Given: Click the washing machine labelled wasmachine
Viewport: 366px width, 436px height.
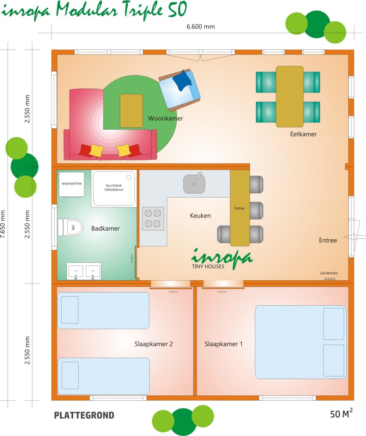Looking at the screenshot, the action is pyautogui.click(x=71, y=184).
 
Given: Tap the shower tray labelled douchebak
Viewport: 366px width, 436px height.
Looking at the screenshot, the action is pyautogui.click(x=114, y=188).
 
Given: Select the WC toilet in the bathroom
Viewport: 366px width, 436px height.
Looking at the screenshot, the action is pyautogui.click(x=71, y=227).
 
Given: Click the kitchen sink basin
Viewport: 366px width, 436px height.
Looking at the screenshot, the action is pyautogui.click(x=194, y=184).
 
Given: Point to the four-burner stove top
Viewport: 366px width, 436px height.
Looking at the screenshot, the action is pyautogui.click(x=153, y=218).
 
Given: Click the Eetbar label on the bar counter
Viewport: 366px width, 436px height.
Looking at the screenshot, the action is pyautogui.click(x=240, y=208).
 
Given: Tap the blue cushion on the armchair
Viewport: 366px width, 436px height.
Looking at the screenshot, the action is pyautogui.click(x=183, y=80).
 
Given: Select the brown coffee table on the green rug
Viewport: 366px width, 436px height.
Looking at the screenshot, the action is pyautogui.click(x=132, y=111).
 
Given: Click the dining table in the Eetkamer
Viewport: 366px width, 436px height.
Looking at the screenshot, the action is pyautogui.click(x=289, y=97).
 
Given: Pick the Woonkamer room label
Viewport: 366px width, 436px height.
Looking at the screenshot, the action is pyautogui.click(x=166, y=118).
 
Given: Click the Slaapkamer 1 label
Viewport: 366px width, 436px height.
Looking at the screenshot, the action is pyautogui.click(x=223, y=344).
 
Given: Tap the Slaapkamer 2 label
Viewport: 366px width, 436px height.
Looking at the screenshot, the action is pyautogui.click(x=154, y=344).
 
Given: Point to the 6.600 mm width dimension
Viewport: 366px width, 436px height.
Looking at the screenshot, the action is pyautogui.click(x=200, y=27).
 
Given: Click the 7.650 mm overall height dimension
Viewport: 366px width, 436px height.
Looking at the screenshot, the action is pyautogui.click(x=3, y=224).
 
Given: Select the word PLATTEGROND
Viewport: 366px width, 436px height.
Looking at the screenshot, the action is pyautogui.click(x=84, y=415).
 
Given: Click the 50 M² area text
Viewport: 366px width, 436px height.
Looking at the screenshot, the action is pyautogui.click(x=341, y=413).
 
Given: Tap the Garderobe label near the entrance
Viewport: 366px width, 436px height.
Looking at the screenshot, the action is pyautogui.click(x=329, y=273).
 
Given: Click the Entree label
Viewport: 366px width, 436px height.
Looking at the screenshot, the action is pyautogui.click(x=328, y=240).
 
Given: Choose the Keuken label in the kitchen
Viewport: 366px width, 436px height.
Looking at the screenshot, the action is pyautogui.click(x=200, y=215).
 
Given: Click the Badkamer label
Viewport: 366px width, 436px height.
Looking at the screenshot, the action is pyautogui.click(x=106, y=229).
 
